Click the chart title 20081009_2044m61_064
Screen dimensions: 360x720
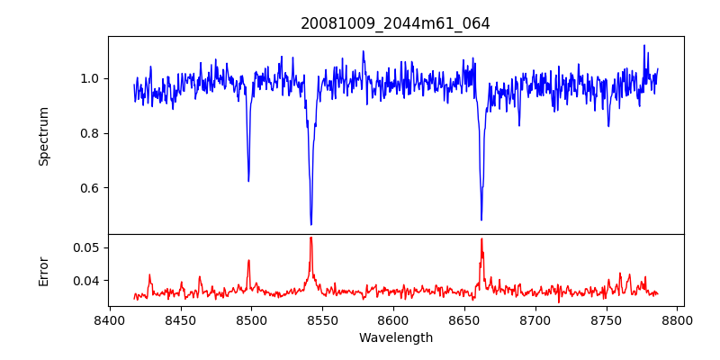(x=395, y=23)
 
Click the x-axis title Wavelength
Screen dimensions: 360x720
(x=395, y=338)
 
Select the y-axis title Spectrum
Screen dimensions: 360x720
(x=44, y=136)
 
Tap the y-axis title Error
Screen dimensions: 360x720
(x=44, y=270)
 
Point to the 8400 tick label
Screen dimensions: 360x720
(x=109, y=319)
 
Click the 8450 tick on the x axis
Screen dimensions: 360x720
(x=180, y=319)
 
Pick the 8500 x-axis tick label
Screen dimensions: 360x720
(x=251, y=319)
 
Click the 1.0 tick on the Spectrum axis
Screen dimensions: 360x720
(x=91, y=78)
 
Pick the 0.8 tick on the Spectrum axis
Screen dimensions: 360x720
(x=91, y=133)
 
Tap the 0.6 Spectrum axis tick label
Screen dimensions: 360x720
(x=91, y=188)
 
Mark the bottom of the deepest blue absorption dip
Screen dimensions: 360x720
(x=311, y=224)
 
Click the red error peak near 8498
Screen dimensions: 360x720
(x=248, y=261)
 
